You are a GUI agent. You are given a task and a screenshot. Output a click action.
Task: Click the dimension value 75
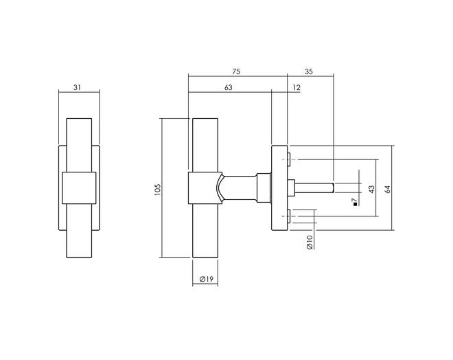tap(236, 71)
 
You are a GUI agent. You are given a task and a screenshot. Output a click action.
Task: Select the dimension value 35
tap(309, 71)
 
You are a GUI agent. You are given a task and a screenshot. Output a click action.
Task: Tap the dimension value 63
tap(229, 87)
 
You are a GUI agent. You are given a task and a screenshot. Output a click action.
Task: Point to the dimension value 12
tap(297, 87)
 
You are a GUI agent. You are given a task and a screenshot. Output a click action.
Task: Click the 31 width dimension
tap(77, 87)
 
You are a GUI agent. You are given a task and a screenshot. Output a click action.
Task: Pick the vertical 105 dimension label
tap(157, 190)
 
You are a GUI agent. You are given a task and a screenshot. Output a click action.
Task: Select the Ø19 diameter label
tap(207, 279)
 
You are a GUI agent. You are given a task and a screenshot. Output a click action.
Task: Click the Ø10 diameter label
tap(310, 242)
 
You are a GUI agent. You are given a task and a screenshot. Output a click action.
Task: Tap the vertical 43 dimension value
tap(371, 189)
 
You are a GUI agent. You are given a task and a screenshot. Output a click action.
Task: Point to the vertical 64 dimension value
tap(387, 189)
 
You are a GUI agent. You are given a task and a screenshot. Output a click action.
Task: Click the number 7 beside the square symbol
tap(355, 200)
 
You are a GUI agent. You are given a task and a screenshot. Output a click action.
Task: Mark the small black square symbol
tap(355, 204)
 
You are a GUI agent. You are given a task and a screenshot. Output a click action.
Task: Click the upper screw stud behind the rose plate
tap(289, 159)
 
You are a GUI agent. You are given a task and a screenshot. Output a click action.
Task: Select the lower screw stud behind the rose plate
tap(289, 216)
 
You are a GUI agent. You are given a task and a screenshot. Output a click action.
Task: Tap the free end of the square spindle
tap(333, 188)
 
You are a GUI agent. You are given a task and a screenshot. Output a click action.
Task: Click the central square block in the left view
tap(79, 188)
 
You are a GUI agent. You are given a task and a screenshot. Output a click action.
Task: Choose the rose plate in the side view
tap(279, 188)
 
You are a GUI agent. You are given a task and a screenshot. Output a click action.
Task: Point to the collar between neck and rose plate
tap(264, 188)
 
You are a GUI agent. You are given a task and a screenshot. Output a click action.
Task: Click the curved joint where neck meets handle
tap(219, 188)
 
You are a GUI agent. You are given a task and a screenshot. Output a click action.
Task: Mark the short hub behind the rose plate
tap(291, 188)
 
